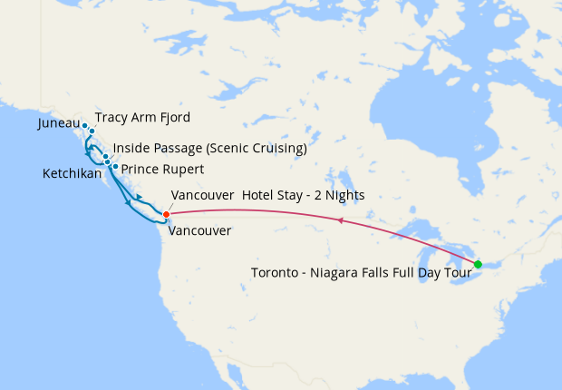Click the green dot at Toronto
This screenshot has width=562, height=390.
tap(478, 264)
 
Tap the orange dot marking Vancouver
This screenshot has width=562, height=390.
tap(166, 214)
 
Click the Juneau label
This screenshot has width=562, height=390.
tap(59, 123)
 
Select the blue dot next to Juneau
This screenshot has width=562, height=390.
tap(84, 125)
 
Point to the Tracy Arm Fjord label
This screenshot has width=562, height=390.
tap(141, 117)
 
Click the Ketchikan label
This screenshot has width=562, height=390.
tap(72, 173)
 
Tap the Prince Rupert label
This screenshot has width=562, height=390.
tap(162, 169)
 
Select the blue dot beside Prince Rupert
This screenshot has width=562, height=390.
tap(115, 167)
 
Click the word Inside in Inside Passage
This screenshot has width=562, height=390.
tap(132, 148)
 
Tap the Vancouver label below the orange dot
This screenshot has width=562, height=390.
tap(199, 230)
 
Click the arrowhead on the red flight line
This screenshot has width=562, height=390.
tap(339, 220)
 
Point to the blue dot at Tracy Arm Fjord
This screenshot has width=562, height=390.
tap(92, 131)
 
